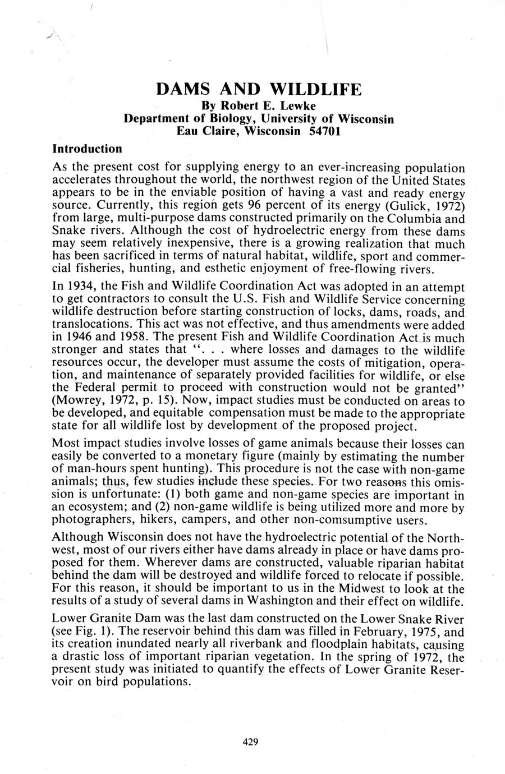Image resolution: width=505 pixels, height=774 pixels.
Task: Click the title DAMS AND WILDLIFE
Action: pyautogui.click(x=259, y=89)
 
